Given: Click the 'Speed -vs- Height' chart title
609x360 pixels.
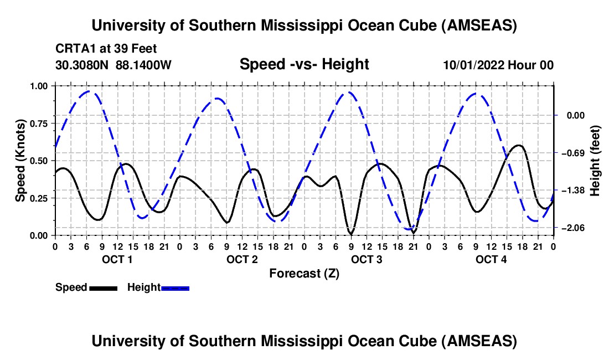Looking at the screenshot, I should click(304, 64).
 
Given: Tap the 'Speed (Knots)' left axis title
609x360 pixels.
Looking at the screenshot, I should click(20, 161).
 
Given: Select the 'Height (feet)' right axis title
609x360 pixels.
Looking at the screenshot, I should click(595, 161).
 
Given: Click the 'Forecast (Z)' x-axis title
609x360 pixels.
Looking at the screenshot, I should click(304, 273).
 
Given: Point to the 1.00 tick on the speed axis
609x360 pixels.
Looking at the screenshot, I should click(39, 86).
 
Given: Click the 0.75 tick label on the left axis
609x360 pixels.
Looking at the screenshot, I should click(39, 124).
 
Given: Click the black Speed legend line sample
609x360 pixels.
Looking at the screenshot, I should click(103, 287).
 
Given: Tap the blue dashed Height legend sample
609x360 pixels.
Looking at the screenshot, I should click(176, 287).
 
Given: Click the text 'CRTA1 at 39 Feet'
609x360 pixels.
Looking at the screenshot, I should click(107, 48).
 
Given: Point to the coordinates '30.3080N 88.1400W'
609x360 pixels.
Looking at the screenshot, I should click(113, 65).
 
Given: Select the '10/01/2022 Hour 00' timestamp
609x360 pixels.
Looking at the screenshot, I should click(498, 65).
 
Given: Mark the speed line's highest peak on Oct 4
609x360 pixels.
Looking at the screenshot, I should click(518, 145).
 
